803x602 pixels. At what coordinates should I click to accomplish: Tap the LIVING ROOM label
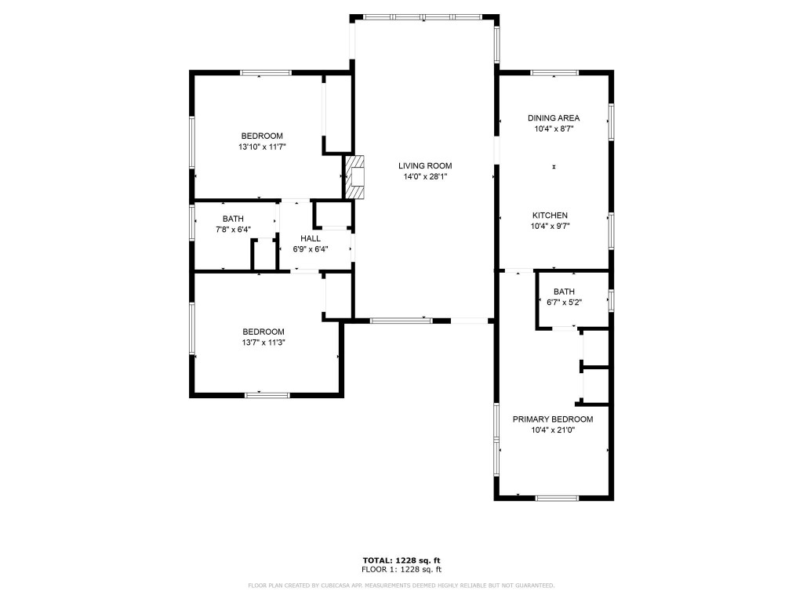click(x=425, y=165)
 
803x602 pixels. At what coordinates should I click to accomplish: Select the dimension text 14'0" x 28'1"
click(x=425, y=177)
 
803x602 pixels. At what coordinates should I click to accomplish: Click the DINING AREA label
click(x=554, y=118)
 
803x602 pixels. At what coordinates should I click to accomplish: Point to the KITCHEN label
click(x=550, y=216)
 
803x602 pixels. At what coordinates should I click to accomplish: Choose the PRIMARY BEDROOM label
click(x=553, y=419)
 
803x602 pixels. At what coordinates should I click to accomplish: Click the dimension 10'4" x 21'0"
click(x=553, y=430)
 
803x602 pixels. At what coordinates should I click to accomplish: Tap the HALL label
click(x=311, y=238)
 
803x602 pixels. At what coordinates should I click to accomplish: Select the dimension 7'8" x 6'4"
click(x=233, y=230)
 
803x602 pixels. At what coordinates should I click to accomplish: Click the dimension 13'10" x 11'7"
click(x=262, y=147)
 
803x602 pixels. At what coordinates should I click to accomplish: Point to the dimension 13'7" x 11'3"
click(x=263, y=343)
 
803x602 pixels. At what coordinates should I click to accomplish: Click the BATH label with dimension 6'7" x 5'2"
click(x=564, y=292)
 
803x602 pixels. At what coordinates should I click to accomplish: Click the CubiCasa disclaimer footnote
click(x=401, y=586)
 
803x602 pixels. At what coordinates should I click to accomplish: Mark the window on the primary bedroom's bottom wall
click(x=557, y=498)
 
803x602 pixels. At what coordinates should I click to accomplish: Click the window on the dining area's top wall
click(x=554, y=74)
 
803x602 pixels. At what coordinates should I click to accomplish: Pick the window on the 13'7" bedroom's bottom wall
click(x=267, y=395)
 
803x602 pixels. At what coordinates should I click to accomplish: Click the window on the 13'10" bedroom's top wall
click(x=266, y=74)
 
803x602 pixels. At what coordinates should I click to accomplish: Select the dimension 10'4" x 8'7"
click(x=554, y=129)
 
